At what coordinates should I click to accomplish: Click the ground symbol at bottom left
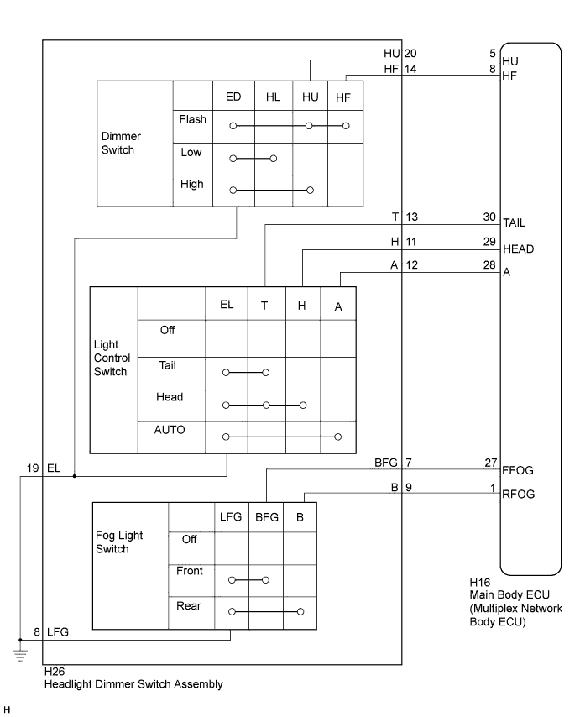pyautogui.click(x=20, y=655)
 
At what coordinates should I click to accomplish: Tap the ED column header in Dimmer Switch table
pyautogui.click(x=233, y=97)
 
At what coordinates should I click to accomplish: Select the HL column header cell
pyautogui.click(x=273, y=97)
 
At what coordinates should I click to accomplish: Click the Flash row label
pyautogui.click(x=192, y=119)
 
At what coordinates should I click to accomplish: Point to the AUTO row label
pyautogui.click(x=169, y=430)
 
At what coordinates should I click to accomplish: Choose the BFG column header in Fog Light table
pyautogui.click(x=266, y=517)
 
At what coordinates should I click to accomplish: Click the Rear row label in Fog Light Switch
pyautogui.click(x=188, y=606)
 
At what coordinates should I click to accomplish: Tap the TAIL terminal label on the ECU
pyautogui.click(x=515, y=222)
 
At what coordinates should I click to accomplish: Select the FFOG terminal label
pyautogui.click(x=518, y=470)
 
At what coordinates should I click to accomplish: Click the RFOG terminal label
pyautogui.click(x=518, y=494)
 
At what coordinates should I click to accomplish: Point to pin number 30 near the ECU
pyautogui.click(x=489, y=217)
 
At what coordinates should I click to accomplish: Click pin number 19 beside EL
pyautogui.click(x=33, y=468)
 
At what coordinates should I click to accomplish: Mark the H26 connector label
pyautogui.click(x=55, y=672)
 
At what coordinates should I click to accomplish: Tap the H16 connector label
pyautogui.click(x=480, y=582)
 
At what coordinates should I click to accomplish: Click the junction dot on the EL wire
pyautogui.click(x=75, y=476)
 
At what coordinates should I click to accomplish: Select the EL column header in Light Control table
pyautogui.click(x=227, y=305)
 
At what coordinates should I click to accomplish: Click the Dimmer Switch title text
pyautogui.click(x=121, y=143)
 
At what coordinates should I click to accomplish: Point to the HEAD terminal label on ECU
pyautogui.click(x=518, y=249)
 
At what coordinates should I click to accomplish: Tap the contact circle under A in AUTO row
pyautogui.click(x=337, y=437)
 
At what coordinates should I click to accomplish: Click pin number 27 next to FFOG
pyautogui.click(x=491, y=463)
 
